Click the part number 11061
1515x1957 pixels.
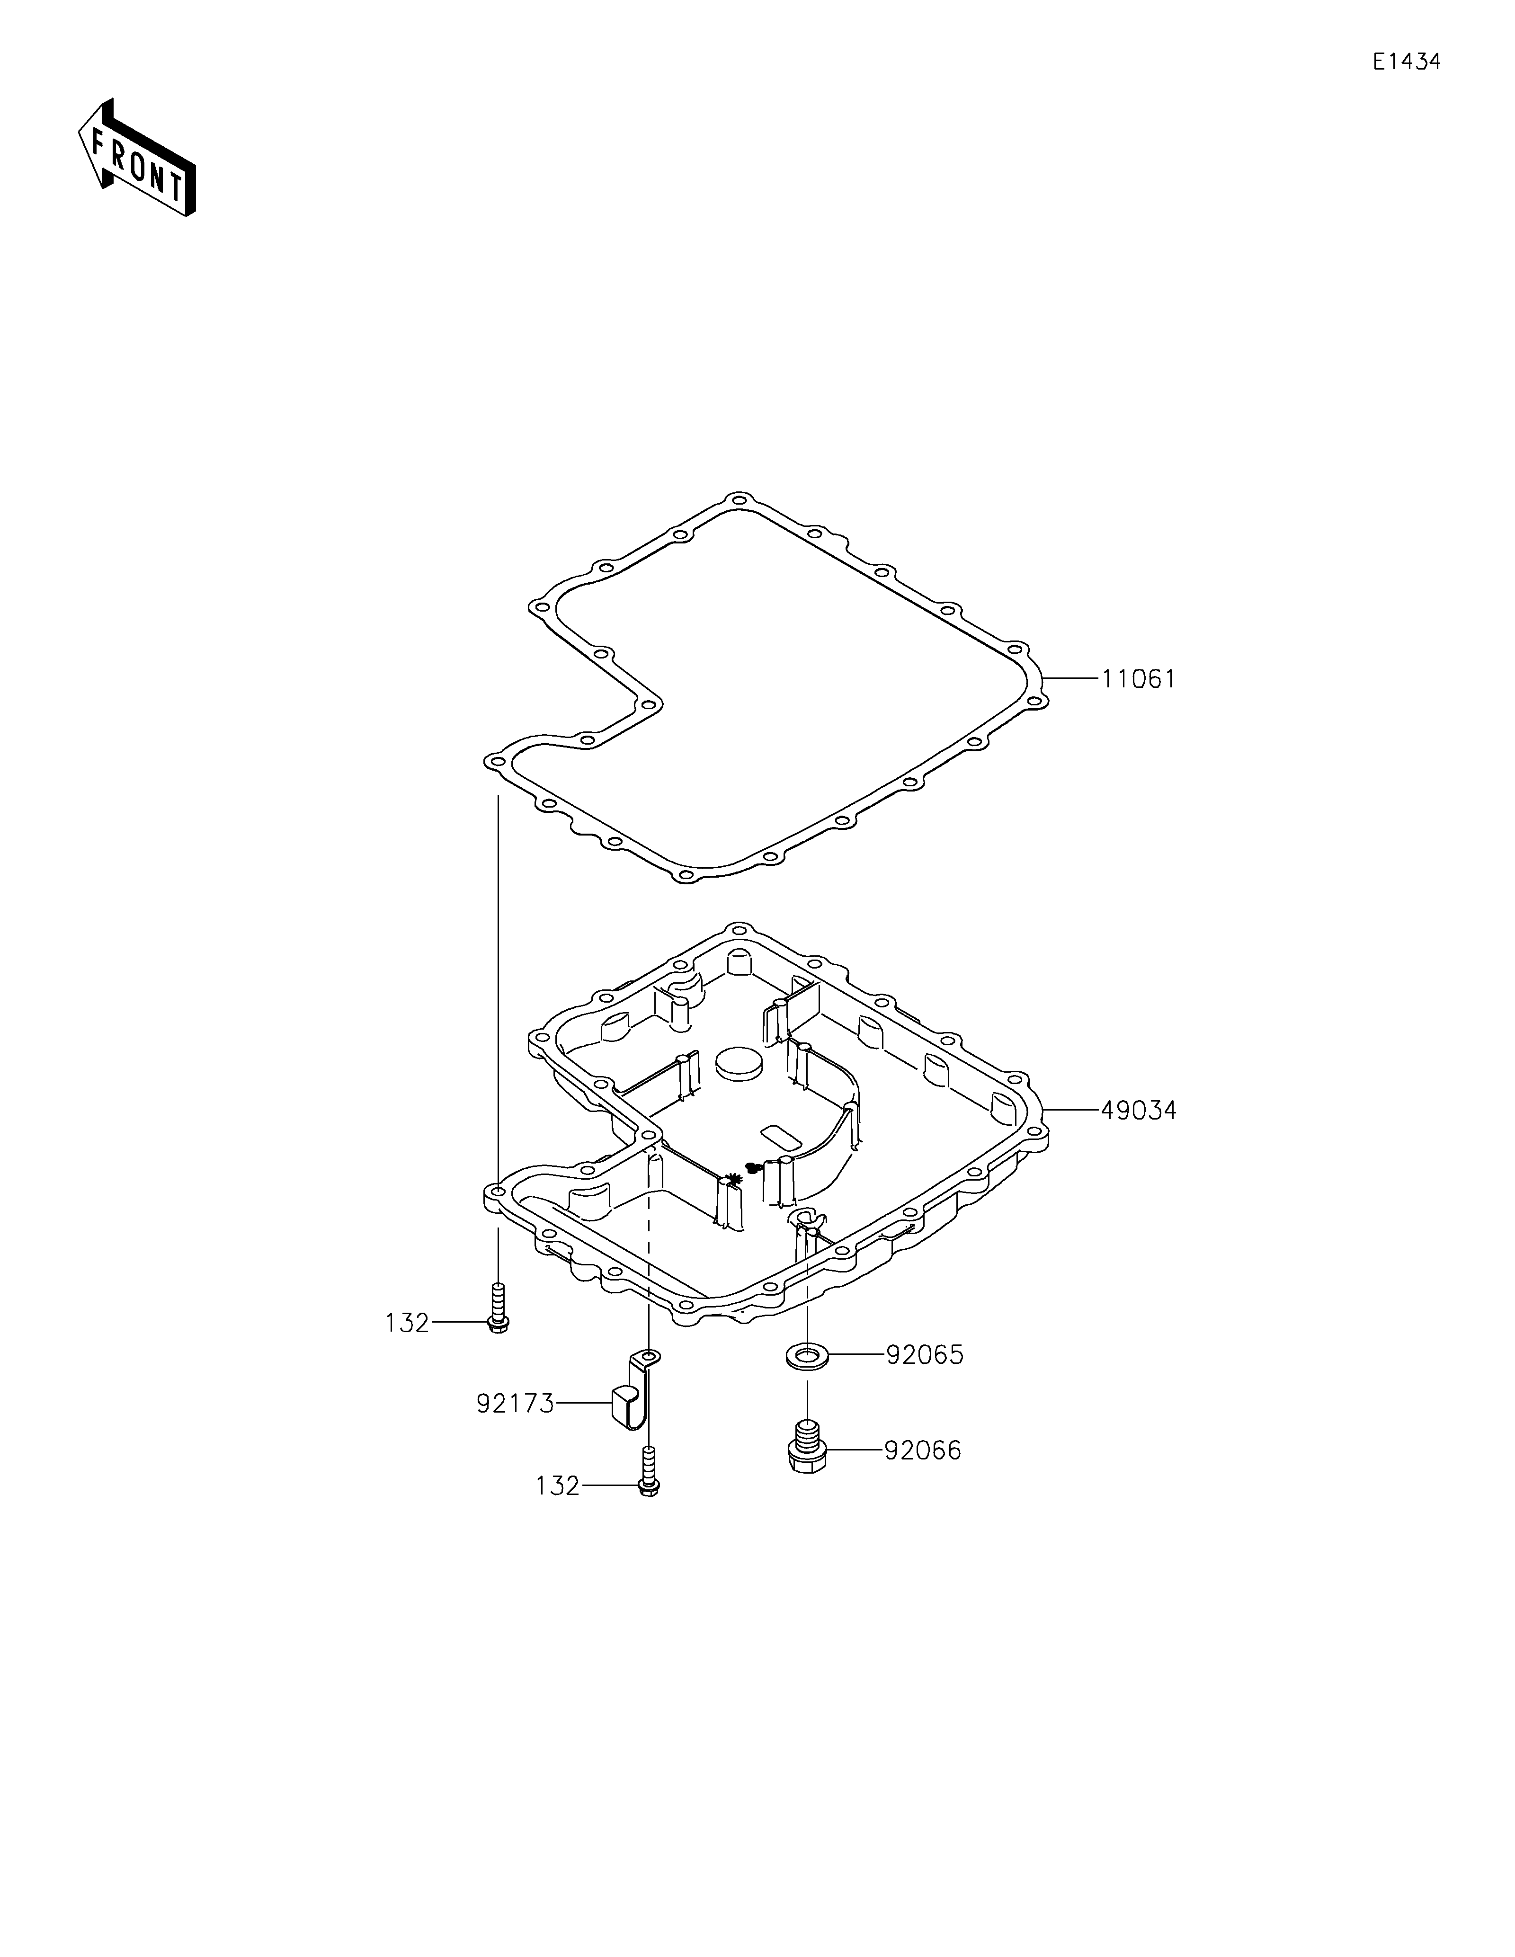click(1138, 679)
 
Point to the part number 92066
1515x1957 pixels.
click(923, 1450)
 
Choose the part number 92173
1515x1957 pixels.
click(515, 1403)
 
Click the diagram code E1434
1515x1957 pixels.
click(1407, 62)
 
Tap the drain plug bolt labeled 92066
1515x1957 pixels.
click(808, 1443)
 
